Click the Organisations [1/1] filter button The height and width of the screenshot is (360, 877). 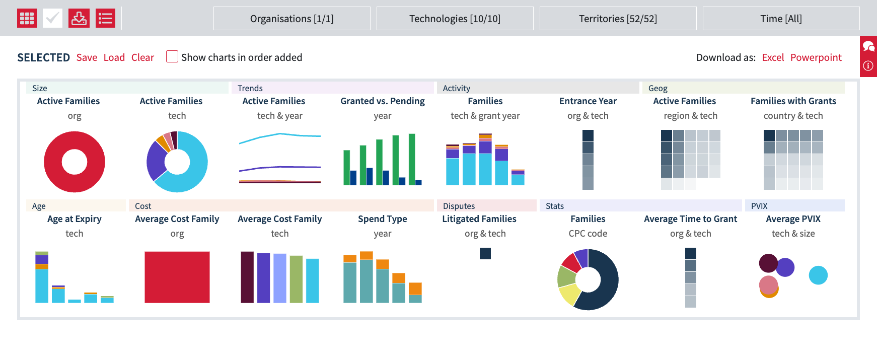[291, 19]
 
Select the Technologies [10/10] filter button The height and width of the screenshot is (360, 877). [455, 19]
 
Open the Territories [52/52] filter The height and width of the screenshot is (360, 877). [618, 19]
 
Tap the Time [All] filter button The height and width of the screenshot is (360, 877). [781, 19]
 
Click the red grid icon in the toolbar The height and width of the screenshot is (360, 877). [27, 19]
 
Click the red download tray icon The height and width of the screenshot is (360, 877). [79, 19]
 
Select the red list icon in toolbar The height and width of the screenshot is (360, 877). [105, 19]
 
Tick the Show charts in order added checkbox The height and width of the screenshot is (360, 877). [172, 56]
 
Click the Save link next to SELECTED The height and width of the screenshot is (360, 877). [87, 57]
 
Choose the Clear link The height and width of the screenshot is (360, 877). [142, 57]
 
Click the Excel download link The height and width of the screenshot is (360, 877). [773, 57]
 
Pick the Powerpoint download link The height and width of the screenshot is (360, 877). [816, 57]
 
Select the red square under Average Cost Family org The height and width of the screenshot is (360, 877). [177, 277]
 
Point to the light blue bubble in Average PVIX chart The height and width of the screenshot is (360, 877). [818, 275]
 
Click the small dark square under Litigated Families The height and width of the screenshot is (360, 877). [485, 253]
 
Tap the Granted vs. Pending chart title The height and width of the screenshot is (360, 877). [382, 101]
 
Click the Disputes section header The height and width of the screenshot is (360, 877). [459, 206]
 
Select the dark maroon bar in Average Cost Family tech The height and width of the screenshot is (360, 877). [247, 277]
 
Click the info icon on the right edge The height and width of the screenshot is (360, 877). [868, 65]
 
